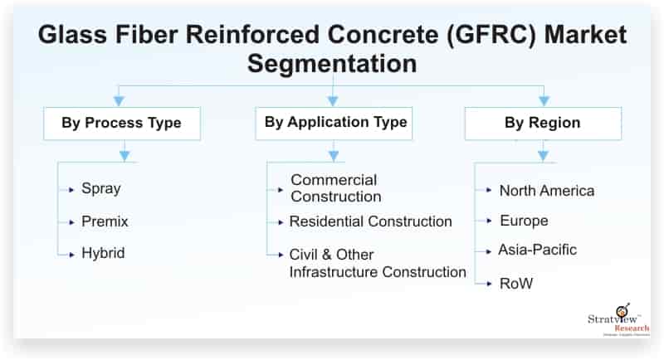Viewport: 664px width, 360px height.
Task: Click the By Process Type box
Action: click(x=120, y=124)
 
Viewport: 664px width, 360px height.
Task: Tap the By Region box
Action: click(x=542, y=124)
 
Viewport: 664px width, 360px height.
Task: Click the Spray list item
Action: click(x=100, y=188)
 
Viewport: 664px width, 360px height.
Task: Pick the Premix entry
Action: click(x=105, y=221)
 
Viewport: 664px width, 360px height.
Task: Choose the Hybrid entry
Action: click(x=103, y=253)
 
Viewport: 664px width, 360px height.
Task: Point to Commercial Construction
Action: click(x=335, y=188)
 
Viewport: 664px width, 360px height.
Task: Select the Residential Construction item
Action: click(x=370, y=221)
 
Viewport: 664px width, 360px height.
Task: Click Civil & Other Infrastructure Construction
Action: click(x=377, y=263)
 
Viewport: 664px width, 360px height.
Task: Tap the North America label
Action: click(x=546, y=191)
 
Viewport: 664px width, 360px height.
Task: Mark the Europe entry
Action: click(x=523, y=221)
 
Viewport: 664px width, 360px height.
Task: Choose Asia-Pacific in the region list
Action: click(x=537, y=250)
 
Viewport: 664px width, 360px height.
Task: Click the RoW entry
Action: click(x=515, y=284)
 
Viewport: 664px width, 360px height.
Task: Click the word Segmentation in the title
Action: click(x=333, y=63)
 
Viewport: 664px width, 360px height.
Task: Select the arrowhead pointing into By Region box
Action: click(x=544, y=101)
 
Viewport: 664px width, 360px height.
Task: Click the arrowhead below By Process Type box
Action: click(x=124, y=153)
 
